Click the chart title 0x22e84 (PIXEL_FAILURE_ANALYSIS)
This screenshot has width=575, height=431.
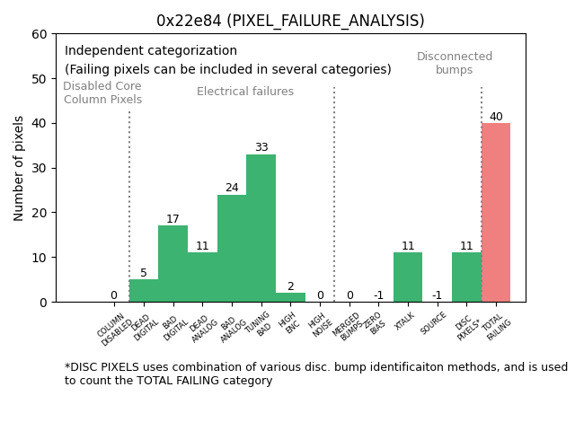(290, 21)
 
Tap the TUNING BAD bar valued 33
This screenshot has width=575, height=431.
(261, 228)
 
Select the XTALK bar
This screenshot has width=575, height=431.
(408, 277)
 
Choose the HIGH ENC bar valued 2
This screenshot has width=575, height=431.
(290, 297)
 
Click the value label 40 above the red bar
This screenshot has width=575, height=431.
(496, 117)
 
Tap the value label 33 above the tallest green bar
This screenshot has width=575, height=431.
(261, 148)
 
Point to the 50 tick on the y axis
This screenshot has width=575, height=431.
(40, 79)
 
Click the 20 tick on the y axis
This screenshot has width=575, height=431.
(40, 213)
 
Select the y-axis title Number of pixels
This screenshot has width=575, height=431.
(19, 168)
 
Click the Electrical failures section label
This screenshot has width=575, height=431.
(245, 92)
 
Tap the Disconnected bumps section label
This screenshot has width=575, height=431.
(455, 64)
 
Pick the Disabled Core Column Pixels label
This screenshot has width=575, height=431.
(102, 93)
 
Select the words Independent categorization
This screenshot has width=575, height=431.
(151, 51)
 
